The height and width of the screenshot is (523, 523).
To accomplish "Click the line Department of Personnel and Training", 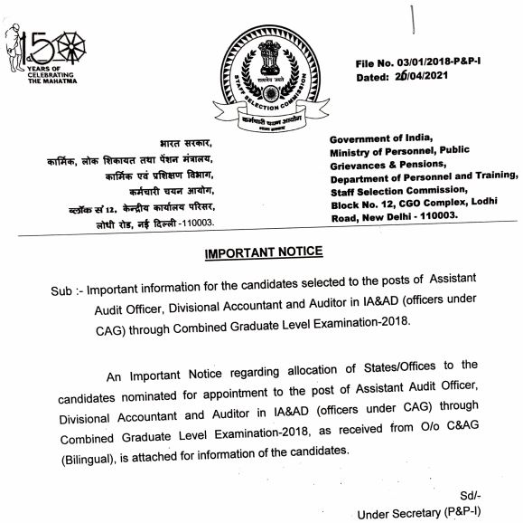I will pyautogui.click(x=425, y=177).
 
